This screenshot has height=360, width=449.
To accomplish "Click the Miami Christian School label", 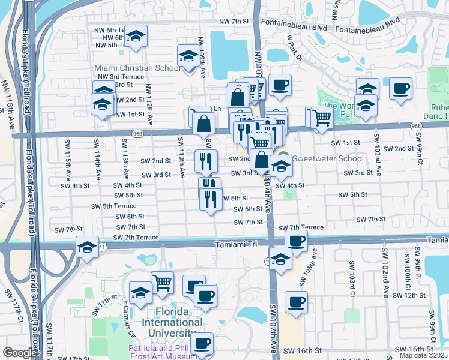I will coord(136,68).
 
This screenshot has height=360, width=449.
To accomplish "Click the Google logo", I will coord(20,353).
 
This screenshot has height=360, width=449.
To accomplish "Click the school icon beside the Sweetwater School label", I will coord(280,167).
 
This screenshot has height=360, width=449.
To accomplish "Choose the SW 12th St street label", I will coord(409,296).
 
